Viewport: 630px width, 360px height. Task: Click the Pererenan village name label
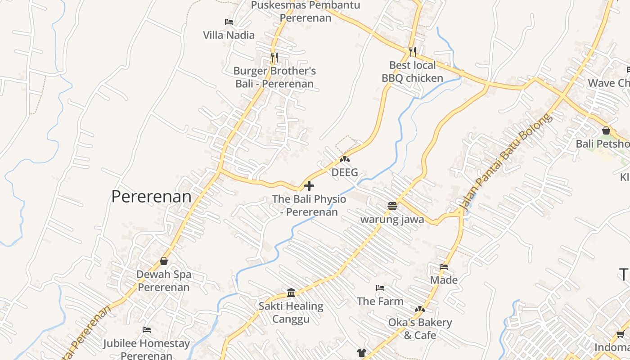[151, 197]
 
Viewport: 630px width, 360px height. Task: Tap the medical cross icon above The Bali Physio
[309, 185]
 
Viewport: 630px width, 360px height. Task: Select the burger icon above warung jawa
[392, 206]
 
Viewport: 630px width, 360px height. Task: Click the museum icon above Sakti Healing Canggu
[291, 293]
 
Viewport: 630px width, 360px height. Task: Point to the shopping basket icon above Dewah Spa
[164, 261]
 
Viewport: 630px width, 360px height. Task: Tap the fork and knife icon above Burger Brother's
[274, 58]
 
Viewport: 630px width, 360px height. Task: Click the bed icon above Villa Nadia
[229, 22]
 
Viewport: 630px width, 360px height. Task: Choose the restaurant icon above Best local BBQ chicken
[413, 52]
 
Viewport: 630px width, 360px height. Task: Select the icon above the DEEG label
[345, 159]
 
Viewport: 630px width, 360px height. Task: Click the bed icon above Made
[444, 267]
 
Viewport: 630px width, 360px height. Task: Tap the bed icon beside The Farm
[380, 288]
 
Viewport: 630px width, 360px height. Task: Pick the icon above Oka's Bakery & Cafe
[420, 309]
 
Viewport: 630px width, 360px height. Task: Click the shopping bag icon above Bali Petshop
[606, 130]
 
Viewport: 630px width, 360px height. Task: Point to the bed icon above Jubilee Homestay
[147, 330]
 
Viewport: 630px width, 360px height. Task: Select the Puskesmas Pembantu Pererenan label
[306, 12]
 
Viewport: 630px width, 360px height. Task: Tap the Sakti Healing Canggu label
[291, 313]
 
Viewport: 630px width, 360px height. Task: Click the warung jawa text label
[392, 220]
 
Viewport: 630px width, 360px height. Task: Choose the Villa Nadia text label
[229, 35]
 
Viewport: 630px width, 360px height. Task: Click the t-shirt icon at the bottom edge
[362, 353]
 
